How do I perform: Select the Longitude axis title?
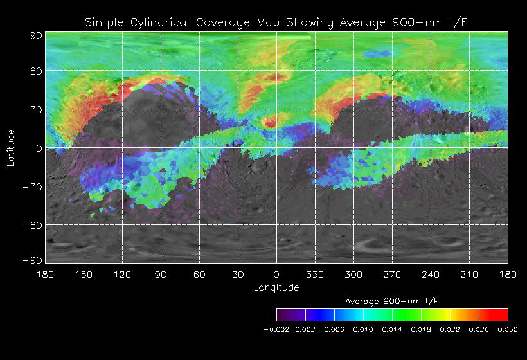tap(276, 287)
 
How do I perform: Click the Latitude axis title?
tap(11, 148)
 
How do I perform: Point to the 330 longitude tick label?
tap(315, 274)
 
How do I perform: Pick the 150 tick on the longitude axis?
tap(84, 274)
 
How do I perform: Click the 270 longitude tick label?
tap(392, 274)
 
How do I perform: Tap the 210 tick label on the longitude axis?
tap(469, 274)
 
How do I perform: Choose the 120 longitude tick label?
tap(122, 274)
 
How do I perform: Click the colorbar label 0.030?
tap(508, 329)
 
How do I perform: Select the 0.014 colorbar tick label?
tap(392, 329)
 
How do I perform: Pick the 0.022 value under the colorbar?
tap(450, 329)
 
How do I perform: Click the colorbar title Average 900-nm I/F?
tap(392, 301)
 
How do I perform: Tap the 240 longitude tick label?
tap(431, 274)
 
